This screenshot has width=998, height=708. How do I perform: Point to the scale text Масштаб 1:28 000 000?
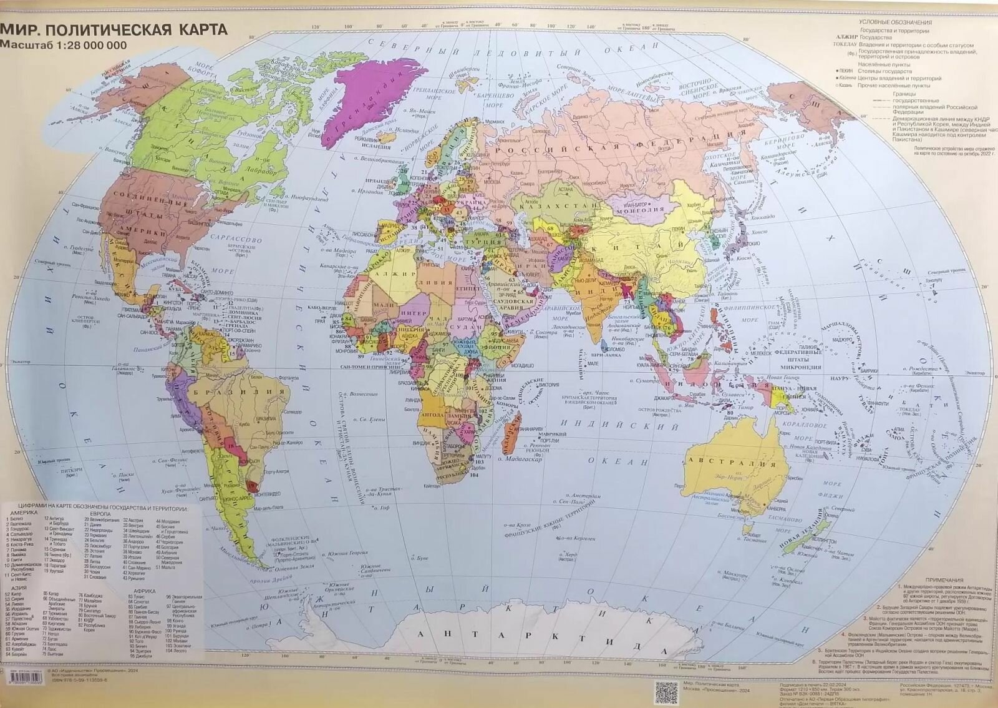(64, 46)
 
